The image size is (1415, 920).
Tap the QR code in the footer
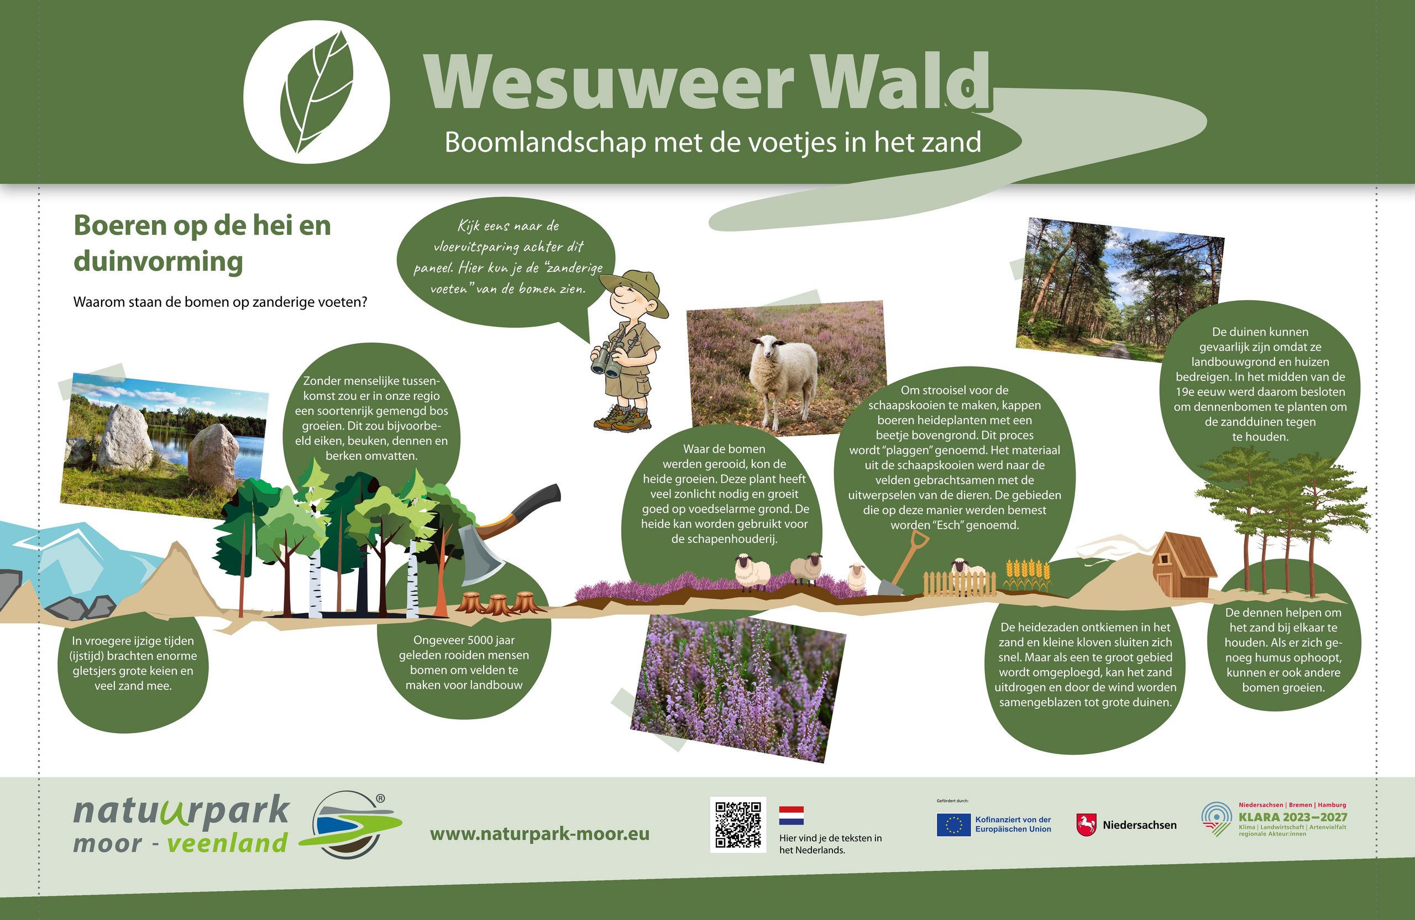click(x=738, y=824)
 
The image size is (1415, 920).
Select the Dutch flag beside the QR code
click(x=792, y=816)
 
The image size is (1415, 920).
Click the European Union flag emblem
click(x=953, y=825)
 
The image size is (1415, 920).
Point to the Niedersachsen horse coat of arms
click(x=1086, y=825)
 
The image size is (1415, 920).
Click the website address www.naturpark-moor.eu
click(x=539, y=834)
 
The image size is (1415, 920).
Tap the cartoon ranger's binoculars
click(x=607, y=360)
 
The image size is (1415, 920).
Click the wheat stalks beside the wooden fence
click(x=1028, y=574)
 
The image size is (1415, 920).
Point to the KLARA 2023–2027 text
click(x=1293, y=817)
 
